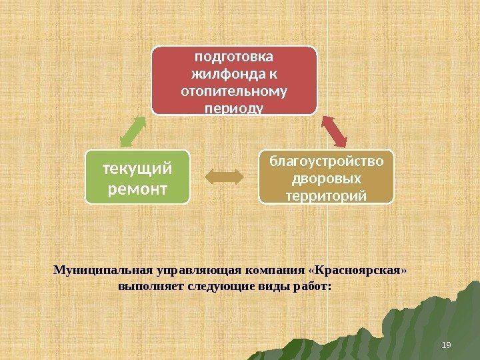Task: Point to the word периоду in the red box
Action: (x=233, y=107)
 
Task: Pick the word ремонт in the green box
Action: (x=137, y=189)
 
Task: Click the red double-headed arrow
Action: (x=334, y=131)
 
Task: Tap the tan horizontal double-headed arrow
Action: (x=225, y=177)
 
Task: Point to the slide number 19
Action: (x=447, y=344)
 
